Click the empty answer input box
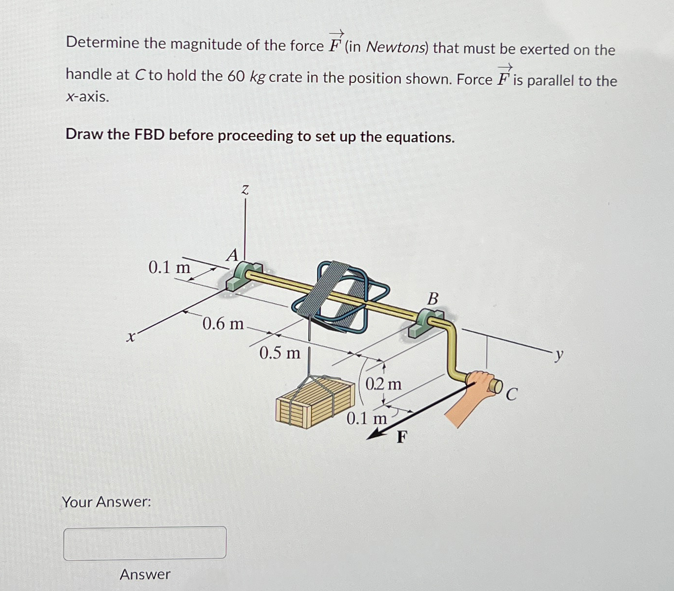click(x=144, y=542)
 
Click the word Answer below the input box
click(x=145, y=574)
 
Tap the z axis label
click(x=245, y=190)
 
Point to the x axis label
click(x=130, y=337)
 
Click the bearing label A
click(x=232, y=255)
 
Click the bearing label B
click(x=433, y=298)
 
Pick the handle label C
click(x=511, y=394)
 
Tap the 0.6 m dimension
click(x=223, y=323)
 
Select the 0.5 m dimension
click(x=280, y=352)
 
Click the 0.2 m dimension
click(x=384, y=385)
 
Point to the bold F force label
click(x=401, y=437)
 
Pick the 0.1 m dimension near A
click(x=169, y=267)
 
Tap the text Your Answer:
click(x=106, y=502)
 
